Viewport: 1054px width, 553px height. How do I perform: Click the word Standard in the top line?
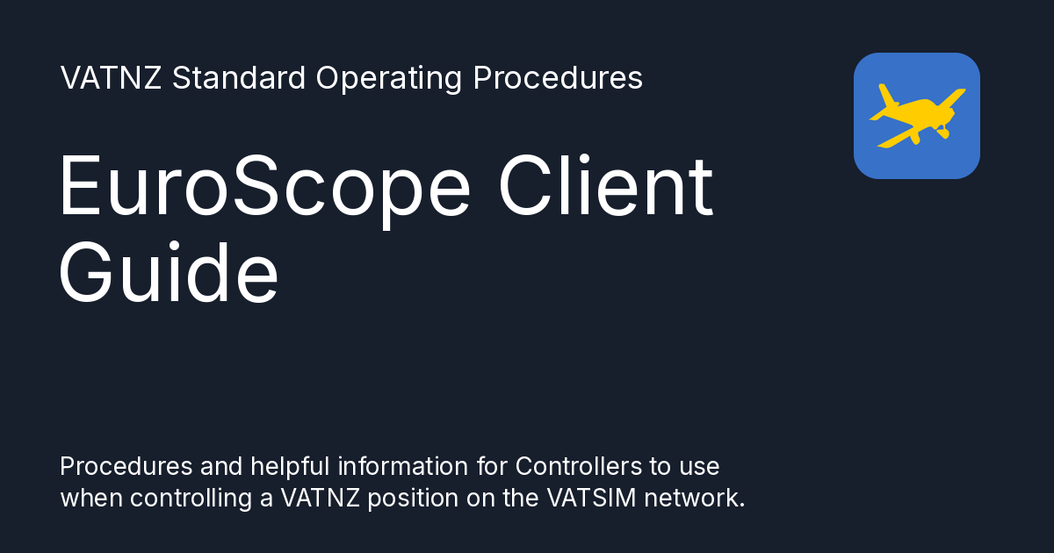point(239,78)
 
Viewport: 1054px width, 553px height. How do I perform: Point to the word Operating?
point(388,78)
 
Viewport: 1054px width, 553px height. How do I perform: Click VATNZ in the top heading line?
point(112,78)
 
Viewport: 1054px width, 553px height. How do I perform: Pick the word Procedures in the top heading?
point(558,78)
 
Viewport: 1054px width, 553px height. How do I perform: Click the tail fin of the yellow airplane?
point(886,96)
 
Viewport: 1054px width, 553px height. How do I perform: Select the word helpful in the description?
point(281,465)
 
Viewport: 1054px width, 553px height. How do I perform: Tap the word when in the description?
point(91,498)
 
